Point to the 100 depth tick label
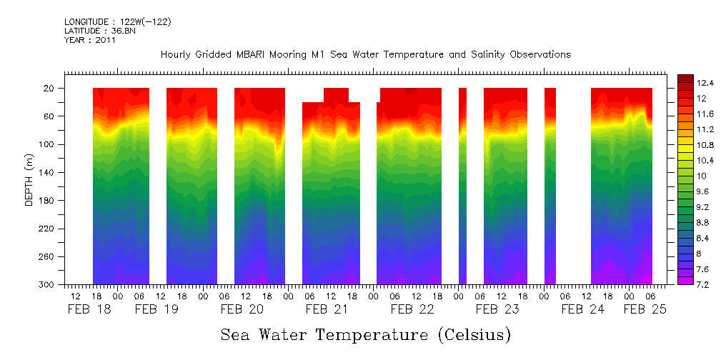click(x=51, y=144)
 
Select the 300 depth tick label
click(x=51, y=284)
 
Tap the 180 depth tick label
click(x=51, y=200)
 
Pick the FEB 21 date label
click(x=327, y=309)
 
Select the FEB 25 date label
click(x=645, y=309)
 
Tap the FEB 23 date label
click(x=497, y=309)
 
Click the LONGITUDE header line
click(x=117, y=22)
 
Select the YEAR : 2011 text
click(x=90, y=40)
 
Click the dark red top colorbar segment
click(x=685, y=78)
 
